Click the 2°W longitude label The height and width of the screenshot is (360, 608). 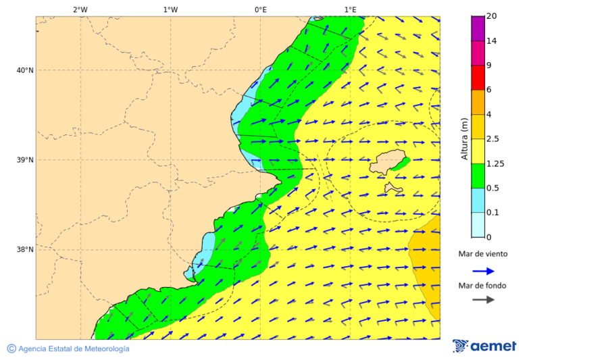click(x=80, y=9)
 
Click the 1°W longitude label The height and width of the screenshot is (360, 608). click(x=170, y=9)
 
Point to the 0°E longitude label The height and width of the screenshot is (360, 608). click(x=260, y=9)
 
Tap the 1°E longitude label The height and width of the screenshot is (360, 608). click(x=350, y=9)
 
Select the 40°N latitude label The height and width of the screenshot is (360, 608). click(x=25, y=70)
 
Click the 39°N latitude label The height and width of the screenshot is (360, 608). click(x=25, y=160)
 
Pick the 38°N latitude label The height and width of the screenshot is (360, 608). click(x=25, y=250)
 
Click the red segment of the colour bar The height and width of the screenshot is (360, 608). click(x=478, y=78)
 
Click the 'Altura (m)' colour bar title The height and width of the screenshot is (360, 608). click(x=464, y=138)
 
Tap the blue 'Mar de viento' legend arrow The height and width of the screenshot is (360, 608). click(x=483, y=271)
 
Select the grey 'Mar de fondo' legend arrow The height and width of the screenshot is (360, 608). click(x=483, y=300)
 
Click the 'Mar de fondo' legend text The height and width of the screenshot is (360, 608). click(x=482, y=286)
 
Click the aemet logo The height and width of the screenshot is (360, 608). click(x=484, y=346)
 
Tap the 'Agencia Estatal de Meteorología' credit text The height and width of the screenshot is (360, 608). click(x=68, y=349)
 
